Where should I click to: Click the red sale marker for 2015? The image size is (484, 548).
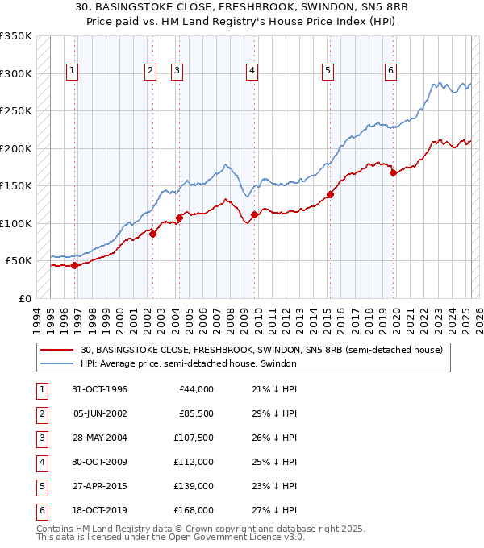coord(330,194)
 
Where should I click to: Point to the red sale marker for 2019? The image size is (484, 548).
coord(393,172)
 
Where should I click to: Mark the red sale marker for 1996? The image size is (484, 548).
coord(74,265)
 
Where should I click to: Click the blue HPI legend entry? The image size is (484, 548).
coord(189,364)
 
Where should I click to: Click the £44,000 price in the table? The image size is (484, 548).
coord(194,389)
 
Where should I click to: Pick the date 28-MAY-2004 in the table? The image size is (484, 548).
coord(99,439)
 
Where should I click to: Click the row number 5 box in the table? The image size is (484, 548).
coord(41,486)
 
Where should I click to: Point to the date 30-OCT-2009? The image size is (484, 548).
coord(99,463)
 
